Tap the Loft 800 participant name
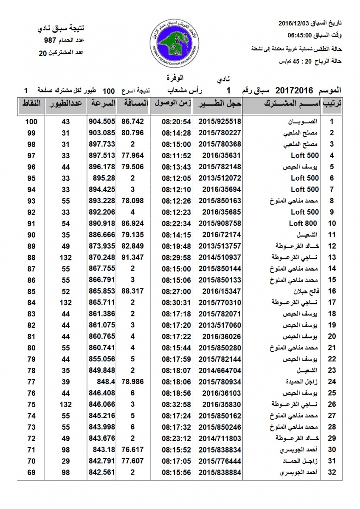click(304, 223)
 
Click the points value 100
click(31, 122)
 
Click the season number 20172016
click(294, 90)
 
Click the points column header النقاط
click(31, 103)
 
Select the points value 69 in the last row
click(31, 472)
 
